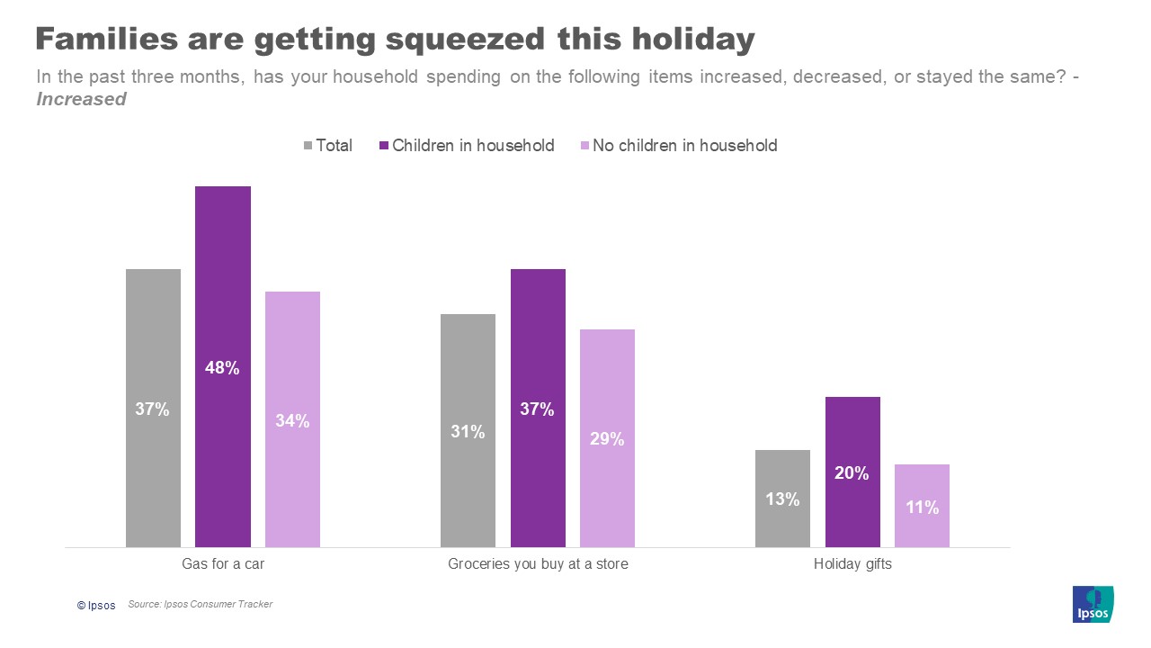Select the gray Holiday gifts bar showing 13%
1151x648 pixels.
coord(782,498)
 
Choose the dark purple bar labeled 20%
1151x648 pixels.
coord(852,472)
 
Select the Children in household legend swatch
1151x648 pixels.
coord(383,146)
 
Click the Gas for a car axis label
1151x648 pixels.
coord(222,565)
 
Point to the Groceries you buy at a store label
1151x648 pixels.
coord(538,565)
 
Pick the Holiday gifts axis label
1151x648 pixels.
coord(852,565)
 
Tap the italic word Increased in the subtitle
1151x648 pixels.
coord(81,100)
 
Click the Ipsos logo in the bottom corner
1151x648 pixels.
coord(1093,604)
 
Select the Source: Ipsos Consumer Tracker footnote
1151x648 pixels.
coord(200,605)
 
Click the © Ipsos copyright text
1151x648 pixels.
coord(96,606)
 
